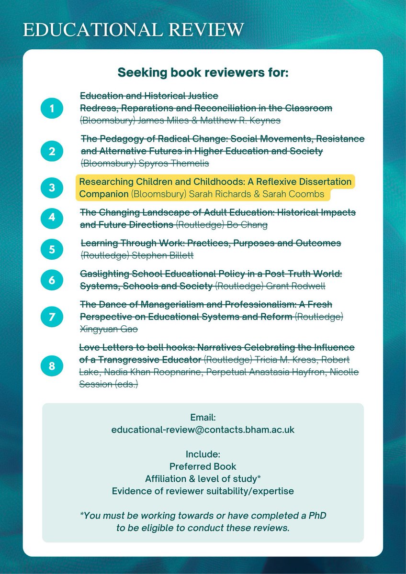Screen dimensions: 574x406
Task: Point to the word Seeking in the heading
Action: pyautogui.click(x=141, y=74)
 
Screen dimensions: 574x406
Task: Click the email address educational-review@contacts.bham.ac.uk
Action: pyautogui.click(x=203, y=430)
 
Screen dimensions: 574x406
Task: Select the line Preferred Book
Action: pyautogui.click(x=203, y=466)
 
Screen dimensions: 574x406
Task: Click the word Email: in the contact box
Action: pyautogui.click(x=203, y=418)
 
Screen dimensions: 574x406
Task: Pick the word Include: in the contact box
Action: pyautogui.click(x=203, y=454)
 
